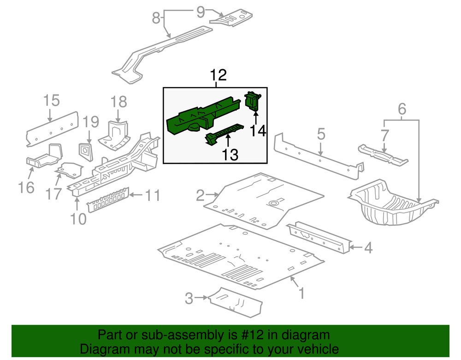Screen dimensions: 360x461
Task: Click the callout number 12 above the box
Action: point(219,76)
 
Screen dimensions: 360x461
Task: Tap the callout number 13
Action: point(229,155)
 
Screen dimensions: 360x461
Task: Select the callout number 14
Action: point(259,131)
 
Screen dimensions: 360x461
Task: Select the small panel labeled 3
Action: point(235,302)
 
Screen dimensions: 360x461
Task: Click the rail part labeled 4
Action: point(318,237)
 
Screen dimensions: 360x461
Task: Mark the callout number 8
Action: point(156,18)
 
